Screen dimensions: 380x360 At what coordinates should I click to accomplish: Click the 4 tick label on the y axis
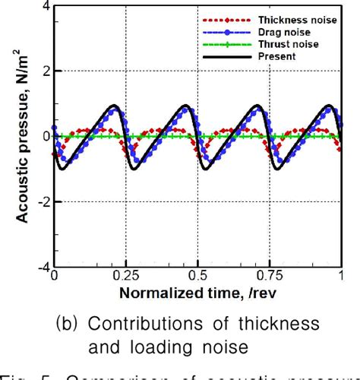pos(46,6)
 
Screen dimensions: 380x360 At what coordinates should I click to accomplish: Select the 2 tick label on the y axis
pos(46,71)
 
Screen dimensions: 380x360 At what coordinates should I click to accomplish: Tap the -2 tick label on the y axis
pos(43,202)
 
